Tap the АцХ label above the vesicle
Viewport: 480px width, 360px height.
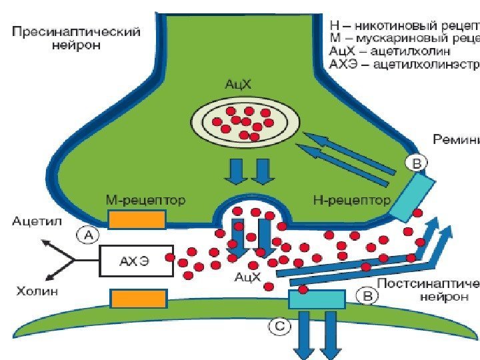click(x=238, y=85)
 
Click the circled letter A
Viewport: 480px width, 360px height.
click(x=89, y=233)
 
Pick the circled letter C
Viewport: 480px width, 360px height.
click(x=279, y=326)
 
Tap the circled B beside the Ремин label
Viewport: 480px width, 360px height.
click(x=416, y=163)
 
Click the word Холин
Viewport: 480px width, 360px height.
click(x=36, y=291)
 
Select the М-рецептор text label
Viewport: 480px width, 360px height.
click(x=146, y=199)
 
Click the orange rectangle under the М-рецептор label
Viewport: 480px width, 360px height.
click(x=137, y=219)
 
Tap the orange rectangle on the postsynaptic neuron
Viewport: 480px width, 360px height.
click(x=138, y=299)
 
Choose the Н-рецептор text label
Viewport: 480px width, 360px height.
click(x=351, y=199)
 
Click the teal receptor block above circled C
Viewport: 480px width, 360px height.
click(x=316, y=299)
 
